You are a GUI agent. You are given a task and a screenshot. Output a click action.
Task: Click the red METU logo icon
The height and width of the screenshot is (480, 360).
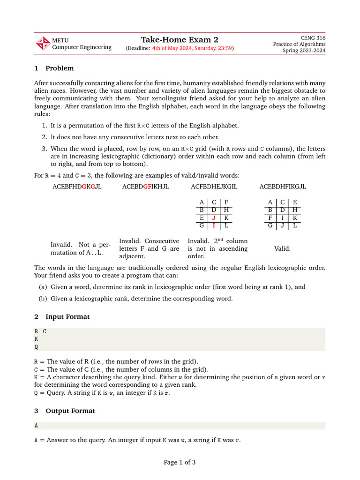coord(43,44)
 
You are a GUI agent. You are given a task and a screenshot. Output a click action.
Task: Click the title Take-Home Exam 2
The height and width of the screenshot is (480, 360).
coord(180,39)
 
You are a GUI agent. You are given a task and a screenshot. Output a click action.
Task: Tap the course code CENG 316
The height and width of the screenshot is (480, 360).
coord(312,37)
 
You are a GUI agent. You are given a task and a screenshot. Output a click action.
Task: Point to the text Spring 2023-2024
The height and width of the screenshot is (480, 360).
coord(304,51)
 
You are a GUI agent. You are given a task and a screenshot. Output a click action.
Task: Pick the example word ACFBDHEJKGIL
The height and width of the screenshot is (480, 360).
coord(214,187)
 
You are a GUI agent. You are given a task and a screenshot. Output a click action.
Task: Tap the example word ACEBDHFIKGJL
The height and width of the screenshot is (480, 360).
coord(283,187)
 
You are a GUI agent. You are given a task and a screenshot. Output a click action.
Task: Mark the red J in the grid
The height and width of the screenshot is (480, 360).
coord(214,218)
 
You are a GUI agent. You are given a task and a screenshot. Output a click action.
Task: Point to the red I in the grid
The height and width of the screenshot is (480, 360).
coord(214,225)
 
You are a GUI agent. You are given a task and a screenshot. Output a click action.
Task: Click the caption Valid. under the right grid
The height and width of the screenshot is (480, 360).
coord(282,248)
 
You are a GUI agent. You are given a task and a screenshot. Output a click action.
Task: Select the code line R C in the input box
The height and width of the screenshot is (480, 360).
coord(40,331)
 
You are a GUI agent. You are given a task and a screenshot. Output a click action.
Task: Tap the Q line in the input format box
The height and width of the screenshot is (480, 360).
coord(37,347)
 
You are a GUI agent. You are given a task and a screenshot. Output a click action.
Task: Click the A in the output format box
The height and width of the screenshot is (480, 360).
coord(37,426)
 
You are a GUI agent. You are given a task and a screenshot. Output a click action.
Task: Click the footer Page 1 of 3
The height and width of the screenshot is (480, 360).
coord(180,462)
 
